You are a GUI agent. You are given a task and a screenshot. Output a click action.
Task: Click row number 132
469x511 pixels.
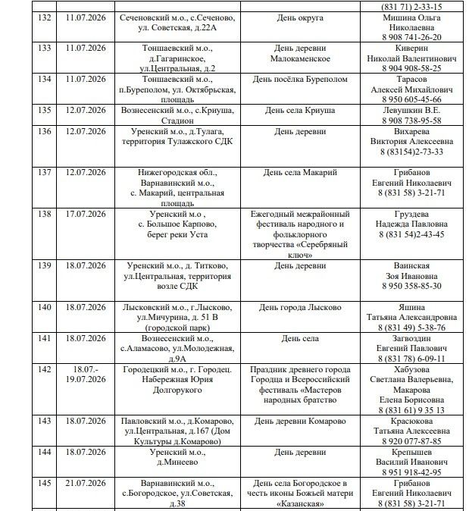(44, 17)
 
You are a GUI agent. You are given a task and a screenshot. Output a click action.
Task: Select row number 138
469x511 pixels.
(44, 214)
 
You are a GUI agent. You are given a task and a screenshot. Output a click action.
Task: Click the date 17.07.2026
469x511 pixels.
(86, 214)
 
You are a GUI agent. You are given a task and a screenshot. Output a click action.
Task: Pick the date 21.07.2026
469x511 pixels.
(86, 483)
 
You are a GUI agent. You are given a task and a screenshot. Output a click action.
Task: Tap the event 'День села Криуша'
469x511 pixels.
(300, 110)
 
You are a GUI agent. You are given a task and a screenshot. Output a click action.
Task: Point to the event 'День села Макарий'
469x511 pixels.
(300, 173)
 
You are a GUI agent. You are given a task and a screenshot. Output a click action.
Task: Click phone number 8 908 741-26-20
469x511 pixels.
(411, 36)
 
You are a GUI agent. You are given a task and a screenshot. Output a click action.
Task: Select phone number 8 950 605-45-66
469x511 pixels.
(411, 99)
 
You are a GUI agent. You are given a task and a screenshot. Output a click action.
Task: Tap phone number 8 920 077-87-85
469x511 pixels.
(411, 440)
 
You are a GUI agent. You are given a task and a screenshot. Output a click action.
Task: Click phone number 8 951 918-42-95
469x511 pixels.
(411, 472)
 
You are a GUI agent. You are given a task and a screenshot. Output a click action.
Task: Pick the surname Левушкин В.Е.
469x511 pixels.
(411, 110)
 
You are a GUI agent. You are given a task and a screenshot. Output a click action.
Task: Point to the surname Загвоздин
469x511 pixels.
(411, 338)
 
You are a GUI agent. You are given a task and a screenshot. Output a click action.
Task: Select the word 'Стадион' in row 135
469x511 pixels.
(179, 120)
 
